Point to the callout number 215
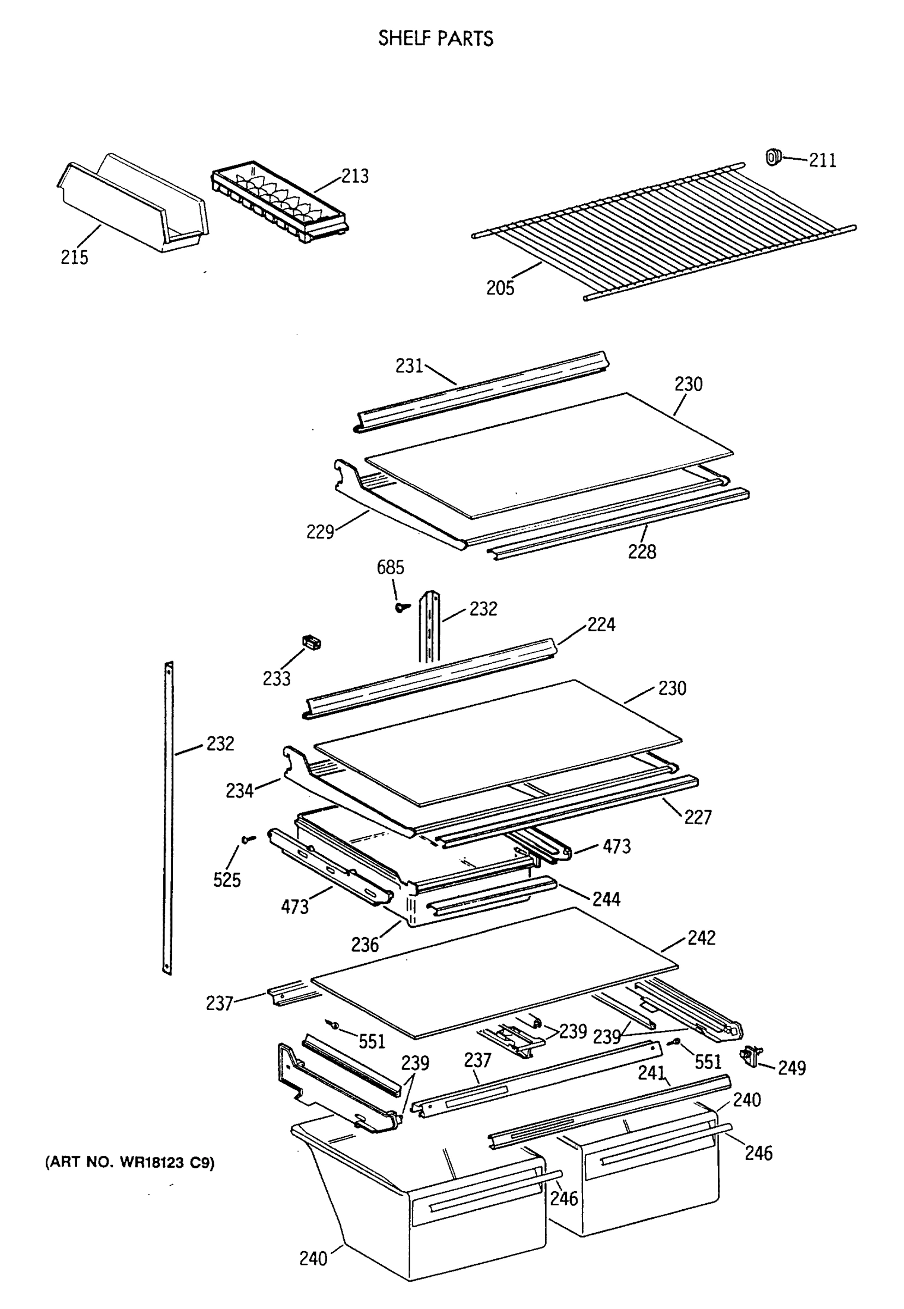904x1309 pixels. pos(74,257)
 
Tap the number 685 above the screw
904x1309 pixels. pos(390,567)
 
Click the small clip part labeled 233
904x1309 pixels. pos(311,643)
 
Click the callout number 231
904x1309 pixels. pos(409,367)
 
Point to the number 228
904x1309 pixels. pos(642,551)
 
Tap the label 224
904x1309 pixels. pos(601,625)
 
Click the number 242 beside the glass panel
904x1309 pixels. pos(701,938)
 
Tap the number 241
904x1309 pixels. pos(651,1073)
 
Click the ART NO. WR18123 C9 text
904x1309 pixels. pos(130,1163)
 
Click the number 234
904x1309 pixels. pos(239,790)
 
